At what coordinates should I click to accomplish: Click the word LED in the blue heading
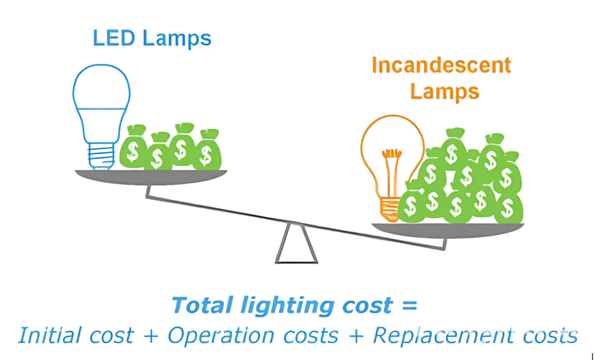click(x=114, y=38)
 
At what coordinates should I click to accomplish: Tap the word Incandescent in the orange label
click(x=441, y=65)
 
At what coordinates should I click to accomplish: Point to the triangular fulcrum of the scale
click(x=296, y=244)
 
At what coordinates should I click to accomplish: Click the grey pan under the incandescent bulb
click(x=447, y=230)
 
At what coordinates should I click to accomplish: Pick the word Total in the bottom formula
click(x=202, y=305)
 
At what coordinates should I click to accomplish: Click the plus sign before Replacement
click(x=355, y=336)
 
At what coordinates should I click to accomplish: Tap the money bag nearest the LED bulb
click(x=133, y=147)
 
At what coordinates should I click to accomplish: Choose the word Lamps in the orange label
click(x=445, y=91)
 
